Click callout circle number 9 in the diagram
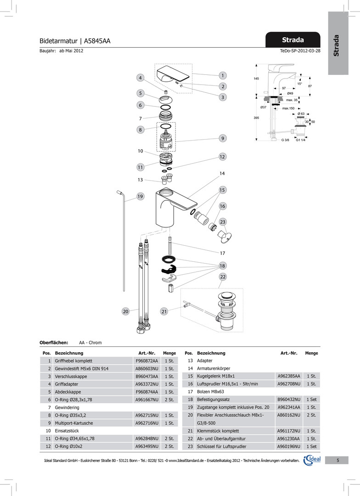coord(222,138)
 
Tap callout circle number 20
coord(125,311)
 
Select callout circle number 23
coord(222,222)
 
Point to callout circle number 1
coord(222,75)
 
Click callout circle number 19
coord(140,197)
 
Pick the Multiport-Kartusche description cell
coord(73,423)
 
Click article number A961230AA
coord(288,438)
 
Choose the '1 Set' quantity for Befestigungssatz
coord(312,400)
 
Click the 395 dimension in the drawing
coord(256,118)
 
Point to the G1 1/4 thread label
coord(300,140)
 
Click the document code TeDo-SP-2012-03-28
coord(300,51)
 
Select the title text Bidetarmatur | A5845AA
coord(75,41)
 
